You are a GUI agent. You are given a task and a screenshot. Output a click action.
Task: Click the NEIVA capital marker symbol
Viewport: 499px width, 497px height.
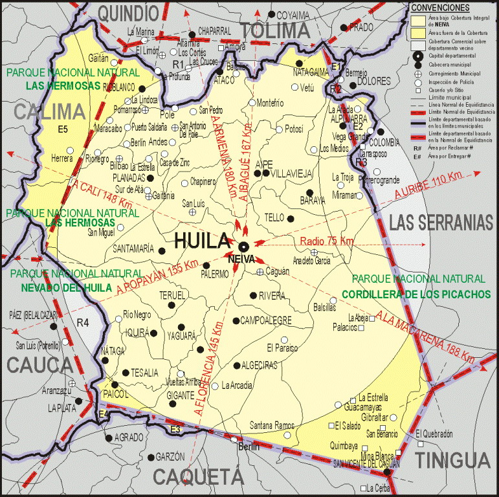click(244, 247)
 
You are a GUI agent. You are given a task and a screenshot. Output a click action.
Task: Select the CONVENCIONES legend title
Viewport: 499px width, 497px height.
click(440, 6)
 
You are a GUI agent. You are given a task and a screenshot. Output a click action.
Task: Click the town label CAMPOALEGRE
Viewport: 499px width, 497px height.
click(266, 320)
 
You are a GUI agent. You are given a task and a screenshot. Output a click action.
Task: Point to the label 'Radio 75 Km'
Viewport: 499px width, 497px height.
click(327, 241)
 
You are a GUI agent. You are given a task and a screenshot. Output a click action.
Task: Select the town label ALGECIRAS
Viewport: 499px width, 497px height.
click(260, 365)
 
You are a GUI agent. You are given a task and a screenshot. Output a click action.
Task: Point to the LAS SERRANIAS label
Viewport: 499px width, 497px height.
click(441, 223)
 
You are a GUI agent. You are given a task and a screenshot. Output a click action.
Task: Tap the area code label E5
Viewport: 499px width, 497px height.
click(63, 129)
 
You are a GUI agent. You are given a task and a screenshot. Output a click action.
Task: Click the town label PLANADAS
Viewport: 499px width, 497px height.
click(129, 177)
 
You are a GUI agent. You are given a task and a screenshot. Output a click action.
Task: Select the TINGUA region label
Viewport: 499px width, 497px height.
click(452, 460)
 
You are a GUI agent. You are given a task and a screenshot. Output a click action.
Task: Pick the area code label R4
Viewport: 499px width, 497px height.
click(82, 322)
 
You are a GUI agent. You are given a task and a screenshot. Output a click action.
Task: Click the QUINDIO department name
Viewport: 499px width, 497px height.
click(129, 12)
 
